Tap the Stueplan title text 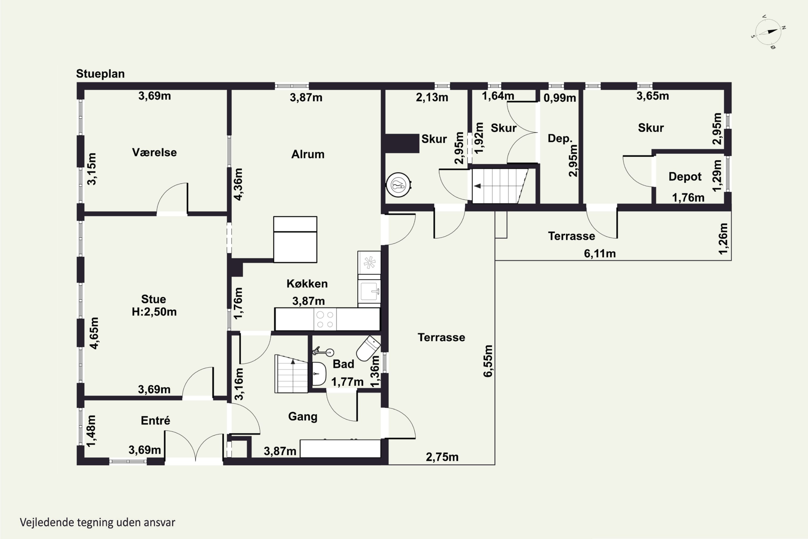pyautogui.click(x=100, y=74)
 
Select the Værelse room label pyautogui.click(x=154, y=152)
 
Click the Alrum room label pyautogui.click(x=308, y=154)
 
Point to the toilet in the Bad pyautogui.click(x=368, y=348)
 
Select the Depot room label pyautogui.click(x=685, y=177)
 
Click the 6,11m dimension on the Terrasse pyautogui.click(x=600, y=254)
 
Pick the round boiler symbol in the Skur pyautogui.click(x=399, y=185)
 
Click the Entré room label pyautogui.click(x=155, y=420)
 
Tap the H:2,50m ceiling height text pyautogui.click(x=154, y=312)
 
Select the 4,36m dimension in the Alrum pyautogui.click(x=238, y=184)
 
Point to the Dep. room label pyautogui.click(x=560, y=139)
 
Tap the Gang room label pyautogui.click(x=303, y=417)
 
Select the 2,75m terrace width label pyautogui.click(x=442, y=457)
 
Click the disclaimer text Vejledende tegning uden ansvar pyautogui.click(x=97, y=523)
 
